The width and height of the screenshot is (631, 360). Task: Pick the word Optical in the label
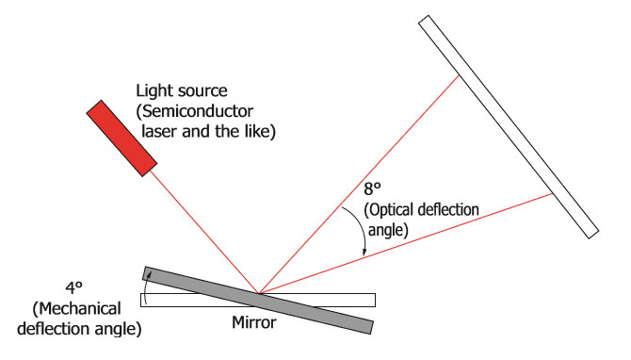pos(387,207)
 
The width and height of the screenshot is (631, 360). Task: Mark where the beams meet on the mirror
pos(258,292)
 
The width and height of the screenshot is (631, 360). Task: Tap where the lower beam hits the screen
pos(553,195)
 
